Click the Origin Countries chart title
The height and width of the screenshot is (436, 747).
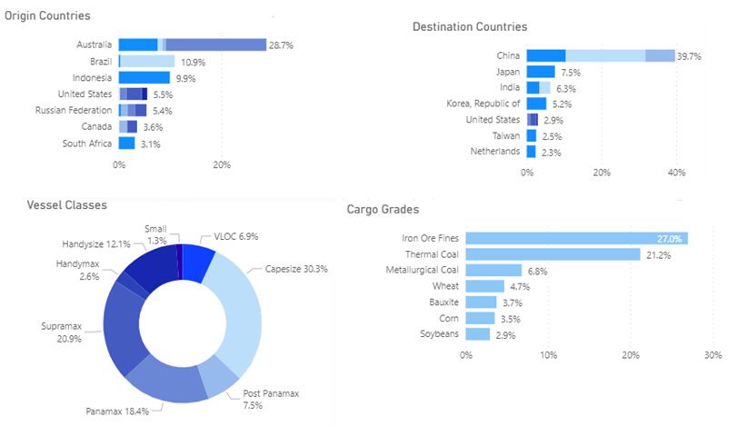point(47,16)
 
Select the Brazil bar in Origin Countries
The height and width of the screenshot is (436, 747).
point(147,61)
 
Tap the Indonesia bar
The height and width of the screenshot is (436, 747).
point(144,77)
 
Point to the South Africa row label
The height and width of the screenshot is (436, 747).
point(87,144)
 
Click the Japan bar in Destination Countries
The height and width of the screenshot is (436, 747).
point(541,72)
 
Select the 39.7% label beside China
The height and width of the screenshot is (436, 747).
point(689,56)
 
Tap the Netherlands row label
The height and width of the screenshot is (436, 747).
point(495,152)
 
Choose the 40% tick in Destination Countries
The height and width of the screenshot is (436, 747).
point(676,173)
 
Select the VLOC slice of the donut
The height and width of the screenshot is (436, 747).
point(197,261)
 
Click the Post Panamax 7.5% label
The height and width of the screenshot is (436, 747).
point(271,399)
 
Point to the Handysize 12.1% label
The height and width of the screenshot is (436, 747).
point(96,244)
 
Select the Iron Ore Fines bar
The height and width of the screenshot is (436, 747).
point(576,238)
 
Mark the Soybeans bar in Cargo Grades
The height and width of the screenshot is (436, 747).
point(478,334)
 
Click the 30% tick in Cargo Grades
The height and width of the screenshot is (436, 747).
point(712,354)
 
